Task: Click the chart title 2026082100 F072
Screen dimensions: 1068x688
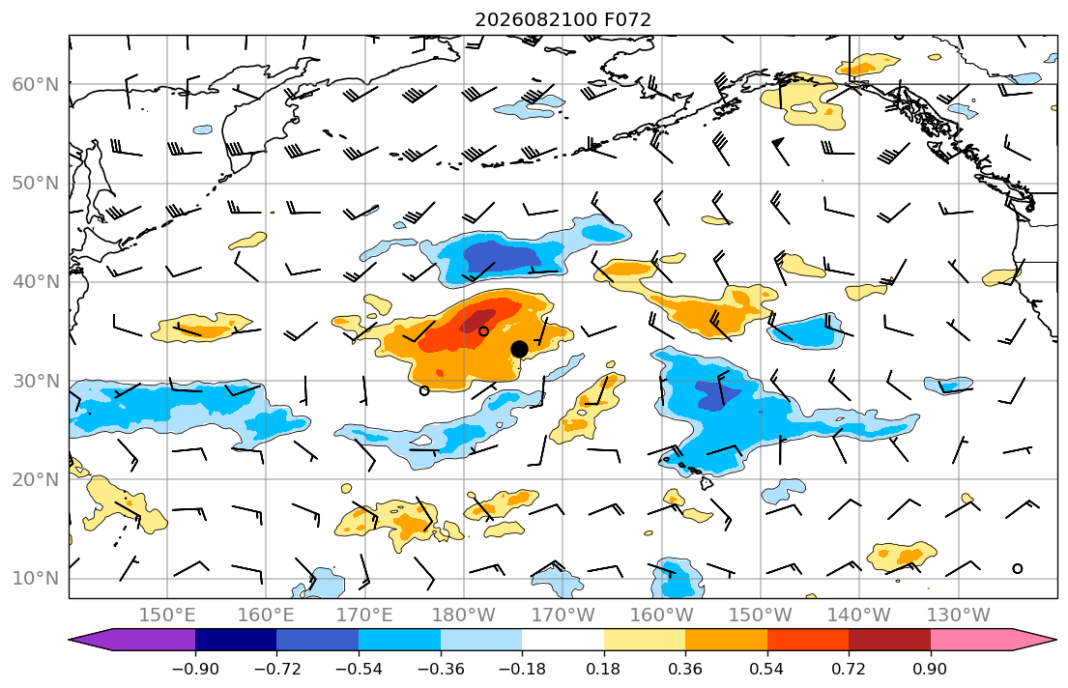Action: (x=563, y=19)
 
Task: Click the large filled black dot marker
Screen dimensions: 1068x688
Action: (x=519, y=350)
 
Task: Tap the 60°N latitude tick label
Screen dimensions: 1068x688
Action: (x=36, y=84)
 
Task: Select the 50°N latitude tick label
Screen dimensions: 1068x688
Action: (x=36, y=184)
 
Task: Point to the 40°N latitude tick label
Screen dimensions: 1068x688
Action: (x=36, y=282)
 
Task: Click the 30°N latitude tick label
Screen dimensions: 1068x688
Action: (x=36, y=381)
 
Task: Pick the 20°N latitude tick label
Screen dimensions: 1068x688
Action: (x=36, y=479)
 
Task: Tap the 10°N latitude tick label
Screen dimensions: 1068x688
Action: (x=36, y=579)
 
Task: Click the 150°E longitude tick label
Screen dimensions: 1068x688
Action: (x=167, y=616)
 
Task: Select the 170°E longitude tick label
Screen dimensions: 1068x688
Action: (x=365, y=616)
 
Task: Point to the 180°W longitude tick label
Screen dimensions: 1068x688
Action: (x=464, y=616)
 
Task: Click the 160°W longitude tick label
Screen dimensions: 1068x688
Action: (x=661, y=616)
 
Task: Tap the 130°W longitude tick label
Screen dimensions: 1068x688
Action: (x=959, y=616)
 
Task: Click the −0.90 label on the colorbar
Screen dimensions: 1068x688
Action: (x=195, y=669)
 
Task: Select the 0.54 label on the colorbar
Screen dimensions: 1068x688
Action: (x=767, y=669)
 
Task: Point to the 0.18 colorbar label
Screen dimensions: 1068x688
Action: (x=603, y=669)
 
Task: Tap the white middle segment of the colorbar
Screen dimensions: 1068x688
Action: (x=563, y=640)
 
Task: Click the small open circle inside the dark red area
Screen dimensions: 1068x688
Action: (x=483, y=331)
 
